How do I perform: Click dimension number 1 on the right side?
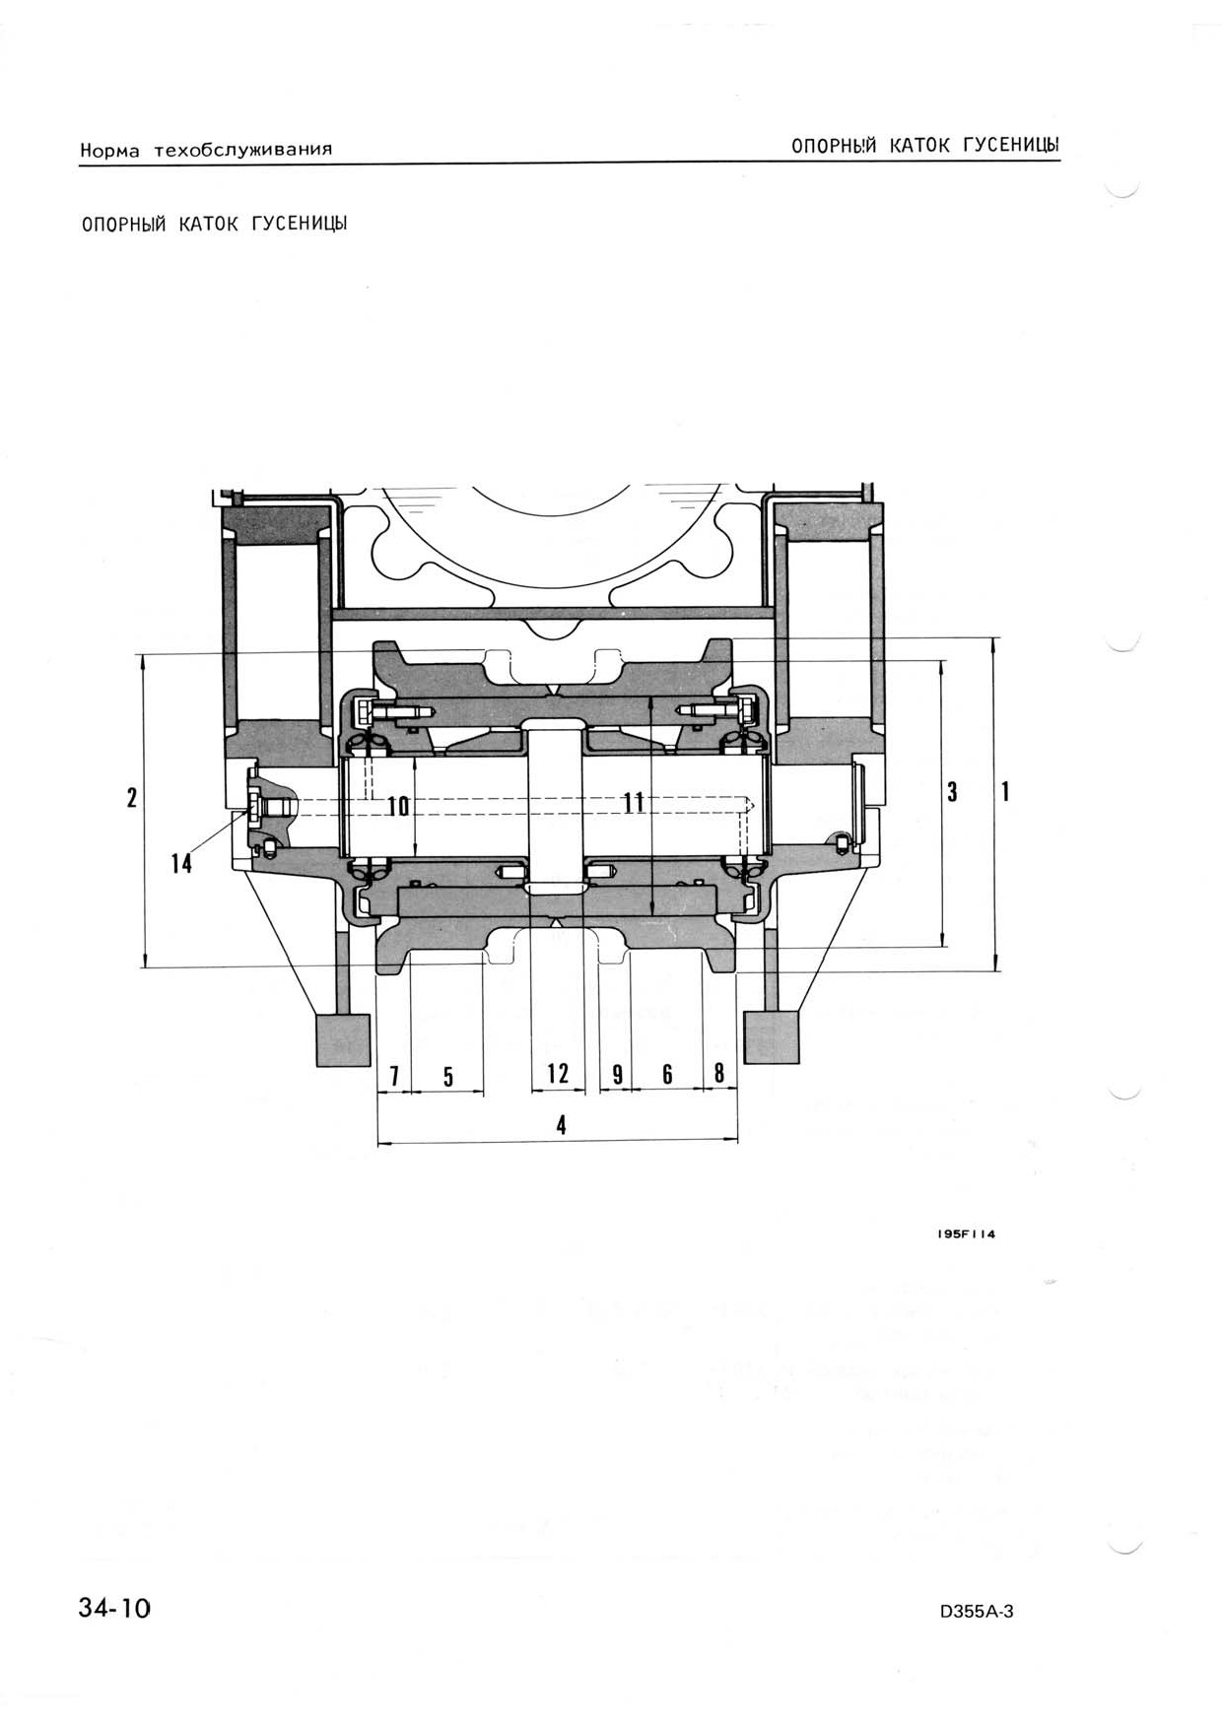1004,791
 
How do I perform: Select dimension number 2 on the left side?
132,797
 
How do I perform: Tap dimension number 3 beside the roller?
952,791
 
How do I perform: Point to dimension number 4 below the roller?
562,1124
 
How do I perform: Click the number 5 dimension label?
447,1076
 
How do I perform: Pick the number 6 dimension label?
667,1074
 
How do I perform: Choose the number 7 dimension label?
394,1076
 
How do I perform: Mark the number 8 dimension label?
719,1073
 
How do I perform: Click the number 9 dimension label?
617,1074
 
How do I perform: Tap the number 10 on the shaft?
398,806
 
